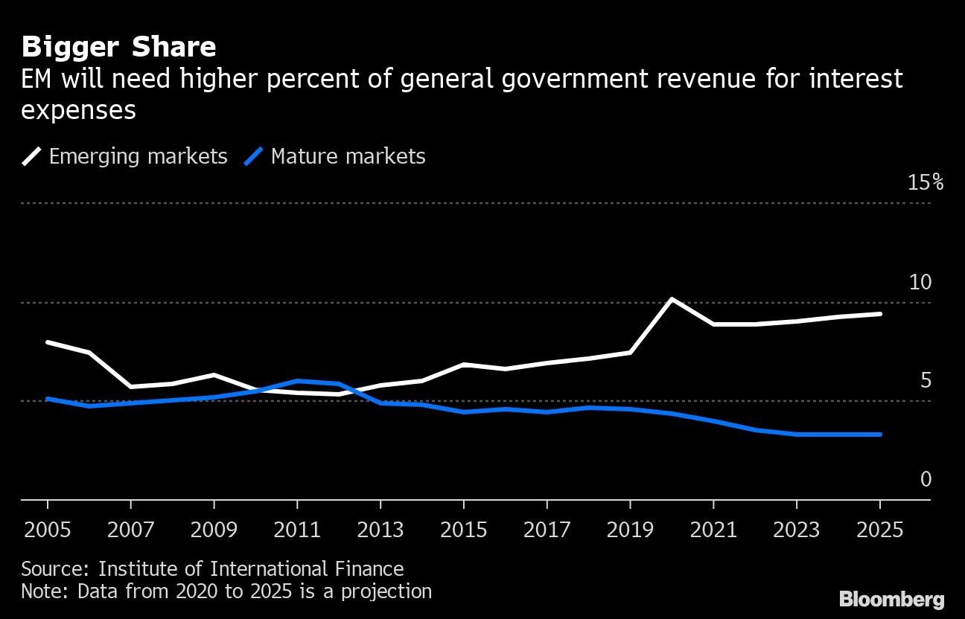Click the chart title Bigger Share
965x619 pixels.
point(119,47)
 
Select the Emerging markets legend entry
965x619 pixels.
point(125,156)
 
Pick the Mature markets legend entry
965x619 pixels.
point(336,156)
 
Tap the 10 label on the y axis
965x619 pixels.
point(920,282)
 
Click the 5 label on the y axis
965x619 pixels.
point(926,381)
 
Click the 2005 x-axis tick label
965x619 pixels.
point(48,530)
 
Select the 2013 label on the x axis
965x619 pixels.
point(380,530)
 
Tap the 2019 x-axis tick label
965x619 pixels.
point(630,530)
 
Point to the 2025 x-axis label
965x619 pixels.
point(880,530)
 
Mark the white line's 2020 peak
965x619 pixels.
point(672,299)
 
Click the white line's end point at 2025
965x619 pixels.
point(881,314)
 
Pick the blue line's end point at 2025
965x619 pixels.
point(881,434)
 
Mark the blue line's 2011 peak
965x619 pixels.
point(297,381)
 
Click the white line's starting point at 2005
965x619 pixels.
point(48,342)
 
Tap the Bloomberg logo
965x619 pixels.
point(891,599)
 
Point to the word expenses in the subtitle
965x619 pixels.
point(78,110)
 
